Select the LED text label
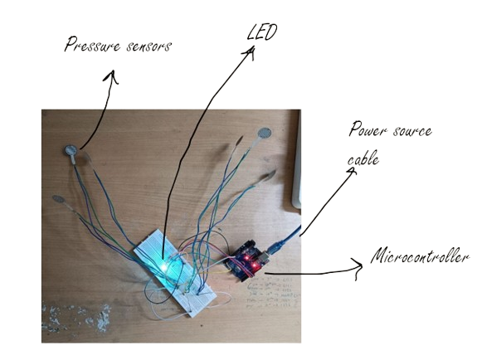(264, 34)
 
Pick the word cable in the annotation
(363, 158)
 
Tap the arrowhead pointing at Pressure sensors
(110, 78)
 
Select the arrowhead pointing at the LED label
(247, 56)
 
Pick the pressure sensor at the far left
(59, 199)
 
